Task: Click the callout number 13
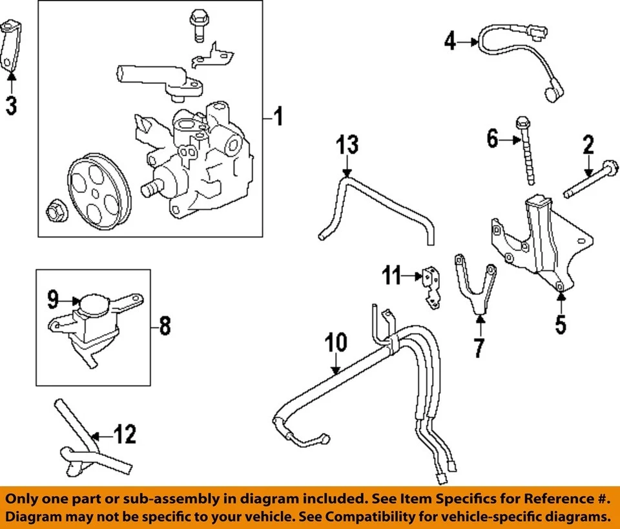(347, 145)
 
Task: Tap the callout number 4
(450, 43)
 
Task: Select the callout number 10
(336, 343)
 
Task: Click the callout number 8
(165, 326)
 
